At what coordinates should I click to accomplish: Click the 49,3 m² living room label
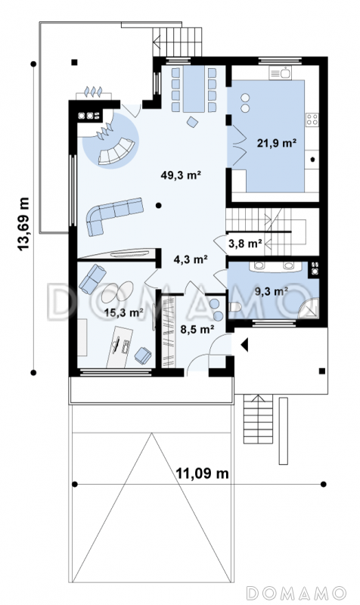click(x=181, y=175)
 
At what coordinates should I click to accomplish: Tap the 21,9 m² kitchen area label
click(x=277, y=143)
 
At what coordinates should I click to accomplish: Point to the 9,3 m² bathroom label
click(x=272, y=291)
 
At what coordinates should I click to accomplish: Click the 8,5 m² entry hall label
click(x=197, y=329)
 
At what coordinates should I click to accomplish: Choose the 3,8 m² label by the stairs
click(x=245, y=244)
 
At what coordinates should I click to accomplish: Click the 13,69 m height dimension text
click(x=23, y=224)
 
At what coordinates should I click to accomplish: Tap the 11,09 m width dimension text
click(x=202, y=473)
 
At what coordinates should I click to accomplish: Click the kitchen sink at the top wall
click(x=280, y=73)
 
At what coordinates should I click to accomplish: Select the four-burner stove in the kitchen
click(x=312, y=119)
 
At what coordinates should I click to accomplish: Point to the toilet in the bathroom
click(x=235, y=307)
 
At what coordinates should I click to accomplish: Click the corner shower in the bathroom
click(x=310, y=308)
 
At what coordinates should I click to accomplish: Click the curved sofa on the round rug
click(x=116, y=151)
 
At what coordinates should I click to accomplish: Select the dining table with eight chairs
click(x=194, y=89)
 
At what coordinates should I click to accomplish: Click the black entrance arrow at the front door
click(x=244, y=345)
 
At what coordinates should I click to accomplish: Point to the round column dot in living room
click(x=159, y=205)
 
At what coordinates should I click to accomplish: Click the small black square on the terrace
click(x=74, y=62)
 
